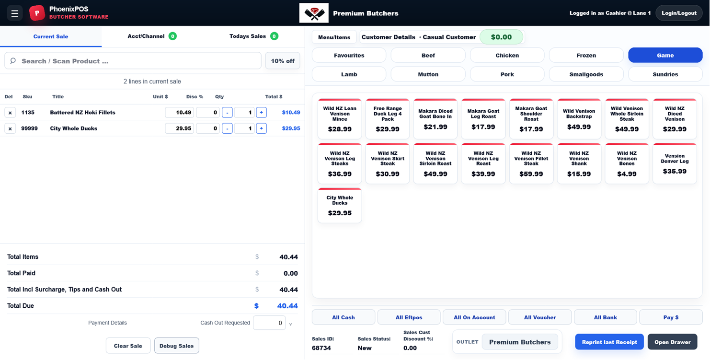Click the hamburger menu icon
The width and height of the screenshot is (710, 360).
(x=14, y=13)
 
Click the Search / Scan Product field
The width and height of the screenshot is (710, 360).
(x=133, y=61)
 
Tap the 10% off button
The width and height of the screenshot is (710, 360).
(x=282, y=61)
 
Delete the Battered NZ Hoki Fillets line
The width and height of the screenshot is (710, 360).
(x=10, y=113)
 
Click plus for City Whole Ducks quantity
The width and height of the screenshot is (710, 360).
(x=261, y=128)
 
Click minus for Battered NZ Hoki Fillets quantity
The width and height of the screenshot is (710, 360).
(x=227, y=113)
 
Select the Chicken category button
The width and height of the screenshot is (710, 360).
(x=507, y=55)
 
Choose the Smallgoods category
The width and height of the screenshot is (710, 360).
(x=586, y=74)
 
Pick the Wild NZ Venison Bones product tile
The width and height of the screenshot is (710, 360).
(x=627, y=163)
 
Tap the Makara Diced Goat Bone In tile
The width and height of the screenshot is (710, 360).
(x=435, y=119)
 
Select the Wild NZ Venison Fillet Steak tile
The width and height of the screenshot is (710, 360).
(x=531, y=163)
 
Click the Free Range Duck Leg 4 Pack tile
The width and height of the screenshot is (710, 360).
(x=387, y=119)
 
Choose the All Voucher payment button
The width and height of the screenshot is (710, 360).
(x=540, y=317)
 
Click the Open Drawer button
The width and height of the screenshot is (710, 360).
(x=672, y=342)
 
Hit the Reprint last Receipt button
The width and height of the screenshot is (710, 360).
(x=609, y=342)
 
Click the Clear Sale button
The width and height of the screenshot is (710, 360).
(x=128, y=346)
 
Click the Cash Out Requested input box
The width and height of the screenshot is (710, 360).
(x=269, y=323)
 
